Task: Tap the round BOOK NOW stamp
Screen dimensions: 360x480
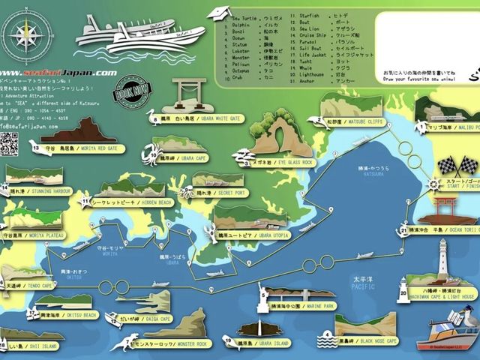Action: point(129,95)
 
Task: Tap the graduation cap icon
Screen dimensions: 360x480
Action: point(220,13)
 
